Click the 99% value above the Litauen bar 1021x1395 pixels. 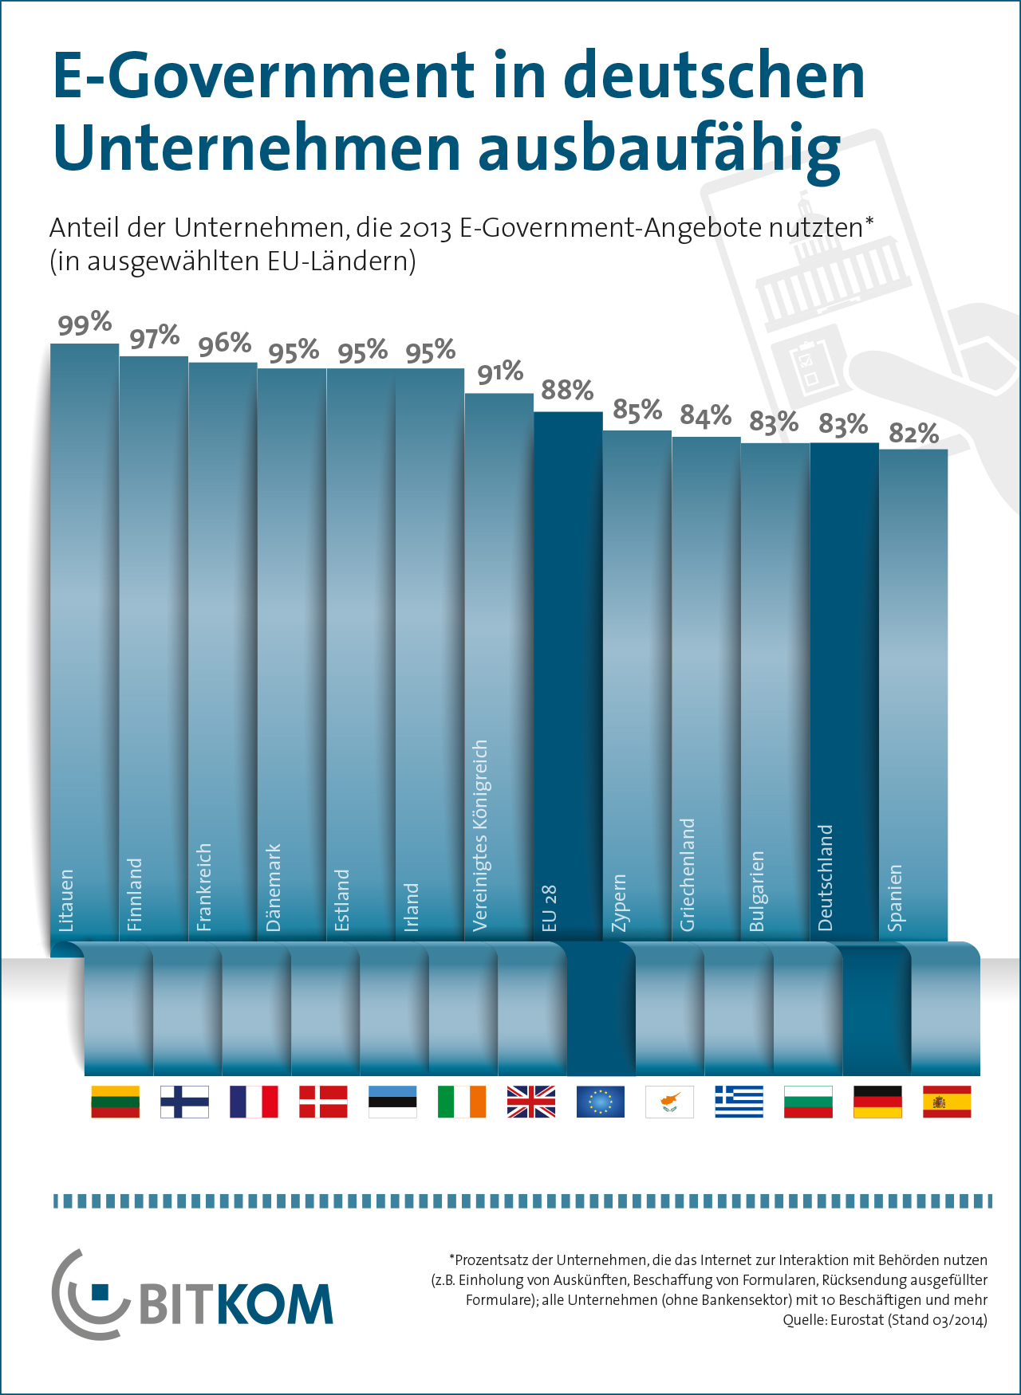[85, 324]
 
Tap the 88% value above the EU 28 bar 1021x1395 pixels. [567, 391]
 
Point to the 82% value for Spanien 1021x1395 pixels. [913, 434]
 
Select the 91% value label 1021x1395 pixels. [500, 372]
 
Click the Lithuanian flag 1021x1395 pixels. [116, 1102]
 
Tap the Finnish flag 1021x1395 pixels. [184, 1102]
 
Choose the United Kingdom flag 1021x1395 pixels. [530, 1102]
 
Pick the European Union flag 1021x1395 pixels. [600, 1102]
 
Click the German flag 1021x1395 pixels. [877, 1102]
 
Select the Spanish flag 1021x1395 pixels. [947, 1102]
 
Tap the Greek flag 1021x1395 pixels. [739, 1102]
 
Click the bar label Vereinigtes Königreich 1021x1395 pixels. [479, 835]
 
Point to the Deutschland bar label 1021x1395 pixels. [826, 877]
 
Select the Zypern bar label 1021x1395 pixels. [618, 902]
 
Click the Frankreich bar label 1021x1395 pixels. [203, 886]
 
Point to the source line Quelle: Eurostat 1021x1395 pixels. [885, 1320]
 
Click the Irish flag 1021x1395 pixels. [461, 1102]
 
